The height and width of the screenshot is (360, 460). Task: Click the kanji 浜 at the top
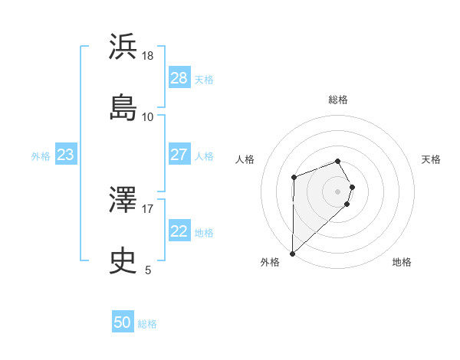(x=123, y=47)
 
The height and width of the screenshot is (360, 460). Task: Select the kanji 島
(x=123, y=107)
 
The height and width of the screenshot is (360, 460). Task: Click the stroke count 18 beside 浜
(x=148, y=56)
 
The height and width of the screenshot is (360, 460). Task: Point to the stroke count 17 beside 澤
(x=148, y=208)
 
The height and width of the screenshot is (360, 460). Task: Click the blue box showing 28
(x=179, y=78)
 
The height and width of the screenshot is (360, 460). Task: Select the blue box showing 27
(x=179, y=155)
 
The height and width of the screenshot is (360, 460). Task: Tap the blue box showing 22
(x=179, y=231)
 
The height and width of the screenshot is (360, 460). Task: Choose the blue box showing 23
(x=66, y=155)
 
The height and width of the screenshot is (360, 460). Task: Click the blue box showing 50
(x=123, y=323)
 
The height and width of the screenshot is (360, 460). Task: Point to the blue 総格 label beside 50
(x=148, y=324)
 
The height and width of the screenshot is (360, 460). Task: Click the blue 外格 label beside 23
(x=41, y=155)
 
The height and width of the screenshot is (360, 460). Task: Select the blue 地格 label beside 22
(x=205, y=232)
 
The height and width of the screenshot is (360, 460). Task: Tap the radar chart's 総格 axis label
(x=338, y=100)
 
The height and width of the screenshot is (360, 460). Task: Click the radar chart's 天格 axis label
(x=432, y=159)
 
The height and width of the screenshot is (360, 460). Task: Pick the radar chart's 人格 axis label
(x=245, y=159)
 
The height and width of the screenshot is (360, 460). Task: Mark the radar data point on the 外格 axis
(x=292, y=253)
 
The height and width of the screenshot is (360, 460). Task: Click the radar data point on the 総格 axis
(x=338, y=161)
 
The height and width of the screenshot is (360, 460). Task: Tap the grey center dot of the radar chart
(x=338, y=191)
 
